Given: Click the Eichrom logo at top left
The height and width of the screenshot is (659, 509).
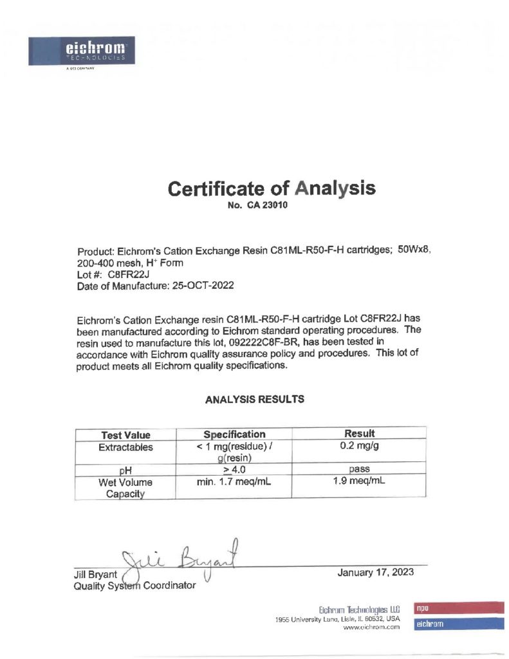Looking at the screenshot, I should coord(82,51).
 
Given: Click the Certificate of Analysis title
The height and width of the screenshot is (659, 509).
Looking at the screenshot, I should coord(271,189).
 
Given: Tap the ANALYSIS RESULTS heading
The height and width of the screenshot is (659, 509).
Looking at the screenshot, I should coord(254,399).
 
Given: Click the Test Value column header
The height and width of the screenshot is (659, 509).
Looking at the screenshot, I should coord(125,435).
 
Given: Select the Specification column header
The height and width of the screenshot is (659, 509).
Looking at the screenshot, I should coord(234,434).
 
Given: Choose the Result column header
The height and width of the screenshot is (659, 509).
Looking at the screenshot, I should coord(360,434).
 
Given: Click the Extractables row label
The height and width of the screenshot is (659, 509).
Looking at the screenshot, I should coord(125,447).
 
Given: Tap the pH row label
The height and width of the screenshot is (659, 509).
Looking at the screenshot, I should coord(125,470).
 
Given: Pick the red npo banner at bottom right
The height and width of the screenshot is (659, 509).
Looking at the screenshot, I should coord(458,607).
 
